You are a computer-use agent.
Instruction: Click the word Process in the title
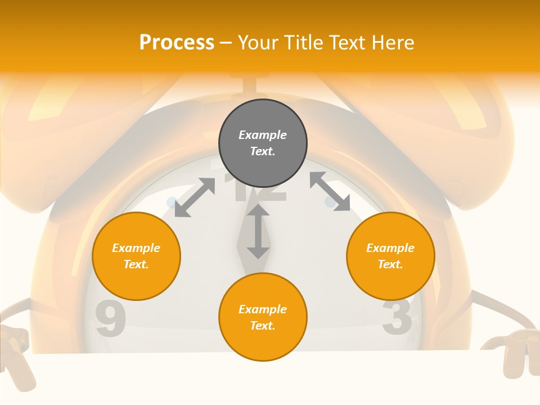(x=177, y=43)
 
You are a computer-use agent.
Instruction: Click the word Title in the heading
(x=301, y=43)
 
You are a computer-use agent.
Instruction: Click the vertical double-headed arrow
(x=258, y=231)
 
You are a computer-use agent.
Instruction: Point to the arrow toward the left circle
(x=195, y=197)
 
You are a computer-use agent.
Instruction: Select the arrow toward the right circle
(x=330, y=191)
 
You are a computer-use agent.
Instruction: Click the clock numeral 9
(x=110, y=319)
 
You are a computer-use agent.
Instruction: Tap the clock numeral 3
(x=397, y=316)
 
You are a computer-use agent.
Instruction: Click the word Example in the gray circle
(x=263, y=135)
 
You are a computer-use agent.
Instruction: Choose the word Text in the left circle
(x=136, y=264)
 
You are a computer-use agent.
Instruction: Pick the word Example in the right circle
(x=390, y=248)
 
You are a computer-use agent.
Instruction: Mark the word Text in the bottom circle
(x=263, y=326)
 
